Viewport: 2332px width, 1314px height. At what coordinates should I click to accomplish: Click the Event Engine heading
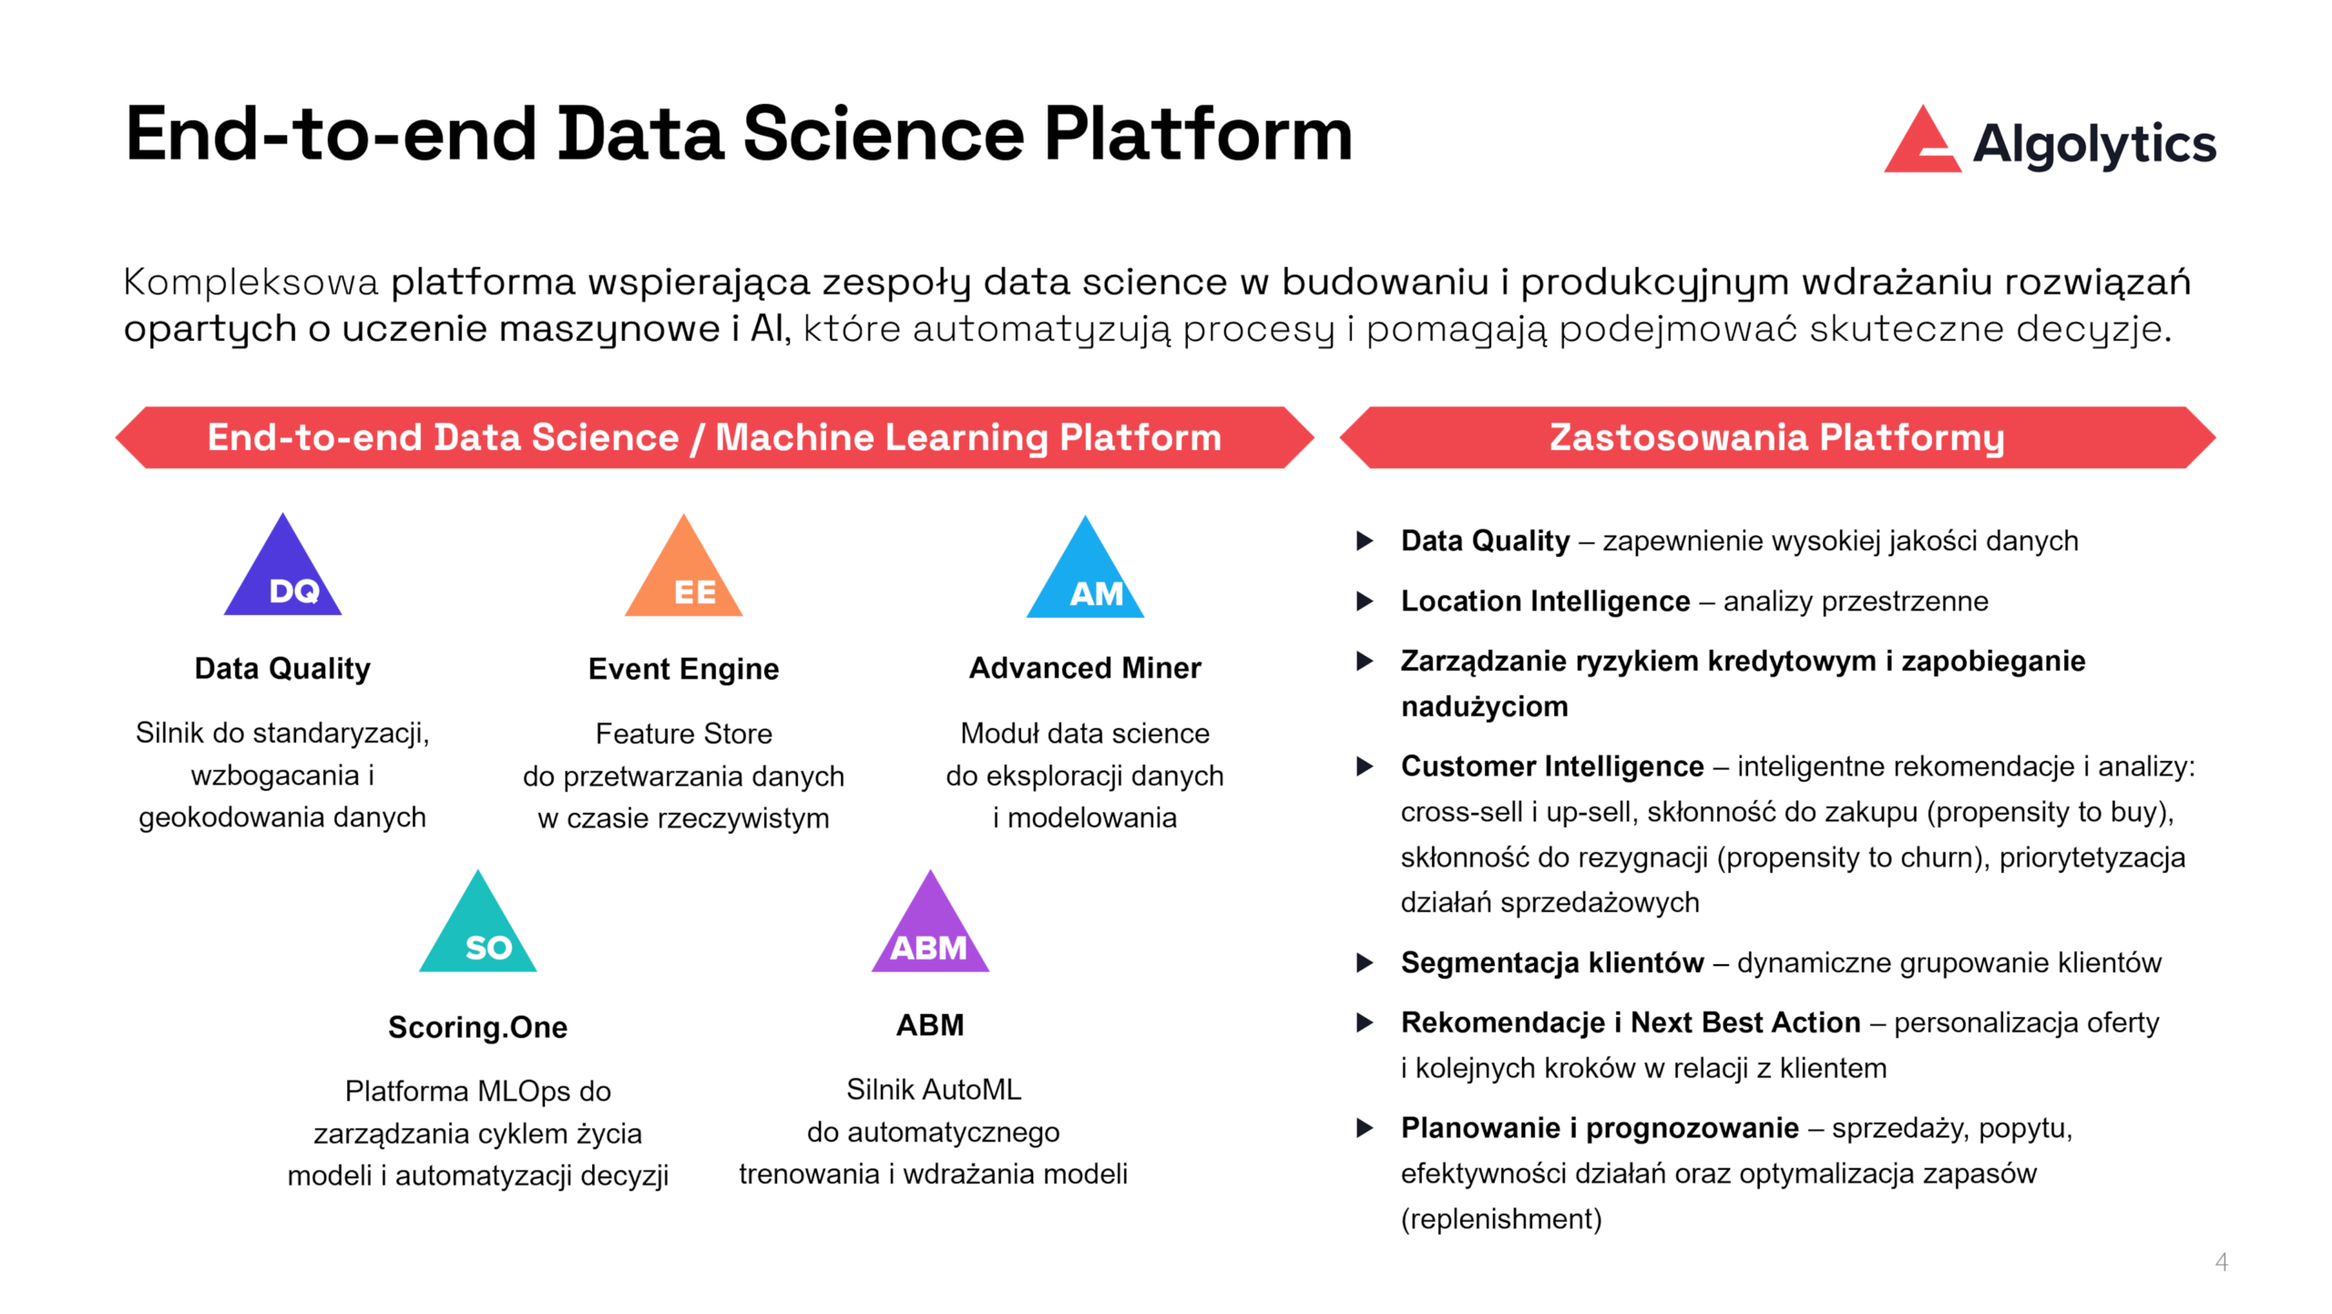(683, 669)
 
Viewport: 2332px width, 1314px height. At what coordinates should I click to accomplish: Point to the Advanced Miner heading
(1085, 668)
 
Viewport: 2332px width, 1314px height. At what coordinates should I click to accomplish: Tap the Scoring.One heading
(477, 1027)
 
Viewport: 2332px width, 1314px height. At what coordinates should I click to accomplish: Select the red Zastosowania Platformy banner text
(1776, 437)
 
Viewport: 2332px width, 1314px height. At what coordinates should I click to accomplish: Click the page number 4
(2221, 1262)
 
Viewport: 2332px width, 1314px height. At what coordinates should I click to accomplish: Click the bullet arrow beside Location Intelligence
(1365, 601)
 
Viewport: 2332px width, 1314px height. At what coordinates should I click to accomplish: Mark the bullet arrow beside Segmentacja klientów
(1365, 963)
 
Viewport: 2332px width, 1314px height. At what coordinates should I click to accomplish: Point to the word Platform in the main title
(1197, 135)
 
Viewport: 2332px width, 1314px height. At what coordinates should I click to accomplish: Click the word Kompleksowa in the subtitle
(251, 282)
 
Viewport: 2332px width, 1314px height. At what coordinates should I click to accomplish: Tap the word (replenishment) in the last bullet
(1501, 1219)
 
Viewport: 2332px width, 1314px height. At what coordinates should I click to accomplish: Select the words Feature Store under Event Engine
(683, 734)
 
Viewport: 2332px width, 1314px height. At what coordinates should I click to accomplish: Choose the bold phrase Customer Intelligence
(1551, 766)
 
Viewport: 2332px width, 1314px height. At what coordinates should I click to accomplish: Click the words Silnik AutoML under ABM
(934, 1090)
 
